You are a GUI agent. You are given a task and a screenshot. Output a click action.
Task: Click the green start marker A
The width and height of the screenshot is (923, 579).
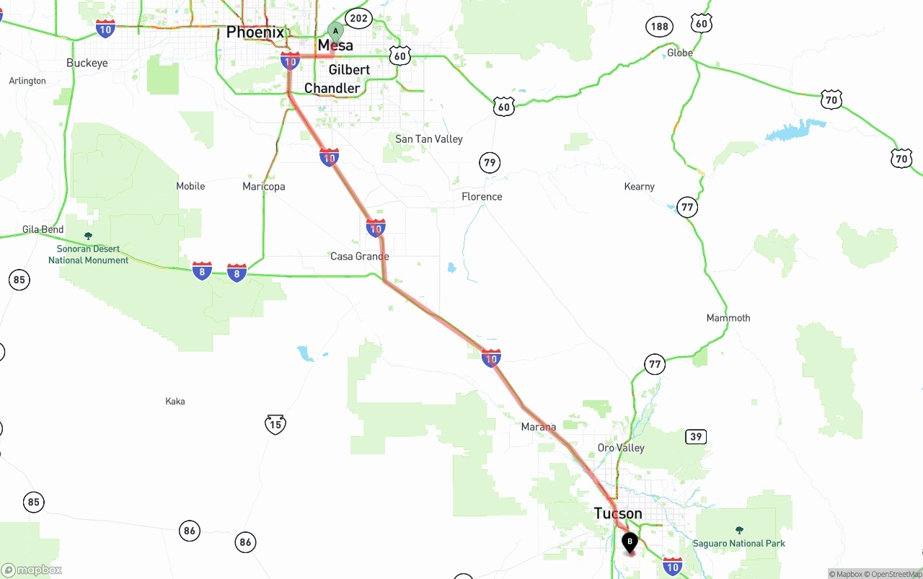(335, 31)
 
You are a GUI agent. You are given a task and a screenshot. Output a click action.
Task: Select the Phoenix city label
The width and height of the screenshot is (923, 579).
(255, 32)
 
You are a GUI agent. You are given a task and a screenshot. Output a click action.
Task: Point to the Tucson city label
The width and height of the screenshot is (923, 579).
(618, 513)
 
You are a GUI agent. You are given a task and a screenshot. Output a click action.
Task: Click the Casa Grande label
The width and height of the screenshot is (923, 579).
(359, 256)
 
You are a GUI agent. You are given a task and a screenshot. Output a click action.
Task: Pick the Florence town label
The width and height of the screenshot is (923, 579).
(482, 196)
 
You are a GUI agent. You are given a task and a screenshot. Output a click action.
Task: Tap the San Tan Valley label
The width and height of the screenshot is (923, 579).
(428, 138)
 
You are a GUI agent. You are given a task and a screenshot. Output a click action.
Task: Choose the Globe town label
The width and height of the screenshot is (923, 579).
(679, 53)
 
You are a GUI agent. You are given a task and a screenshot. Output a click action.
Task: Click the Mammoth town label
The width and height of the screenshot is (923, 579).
(728, 317)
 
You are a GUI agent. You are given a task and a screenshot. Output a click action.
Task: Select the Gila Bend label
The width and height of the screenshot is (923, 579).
(43, 229)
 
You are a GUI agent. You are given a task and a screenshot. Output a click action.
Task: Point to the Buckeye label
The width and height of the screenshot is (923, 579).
(87, 63)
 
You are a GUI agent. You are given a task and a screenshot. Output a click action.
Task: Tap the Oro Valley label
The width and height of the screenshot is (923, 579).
(621, 447)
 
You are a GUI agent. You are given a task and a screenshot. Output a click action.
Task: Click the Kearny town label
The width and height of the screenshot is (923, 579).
(639, 186)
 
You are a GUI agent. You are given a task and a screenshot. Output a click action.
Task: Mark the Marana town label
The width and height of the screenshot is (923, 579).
(539, 427)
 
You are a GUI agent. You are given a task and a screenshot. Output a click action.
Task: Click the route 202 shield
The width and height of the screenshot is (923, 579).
(358, 18)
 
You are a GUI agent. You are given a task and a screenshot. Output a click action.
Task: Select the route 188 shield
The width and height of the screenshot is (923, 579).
(659, 27)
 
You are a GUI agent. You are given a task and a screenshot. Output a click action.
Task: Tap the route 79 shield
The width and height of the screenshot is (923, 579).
(490, 162)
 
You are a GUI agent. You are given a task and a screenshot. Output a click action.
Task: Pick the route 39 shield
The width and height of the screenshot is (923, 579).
(695, 436)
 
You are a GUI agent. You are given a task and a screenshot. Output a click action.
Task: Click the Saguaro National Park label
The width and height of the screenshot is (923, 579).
(739, 543)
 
